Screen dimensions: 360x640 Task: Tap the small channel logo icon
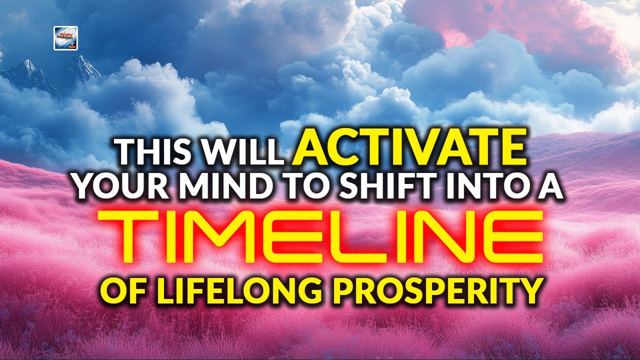[x=65, y=38]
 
